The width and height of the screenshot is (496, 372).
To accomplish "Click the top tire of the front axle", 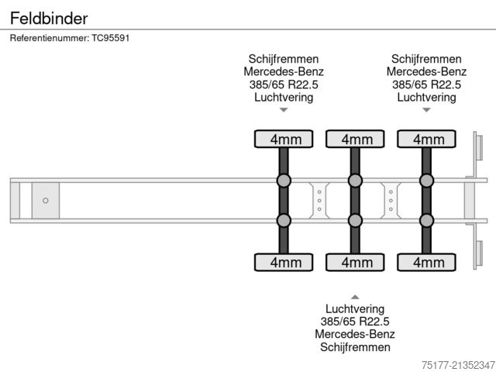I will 284,139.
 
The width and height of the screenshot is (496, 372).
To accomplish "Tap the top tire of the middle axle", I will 355,139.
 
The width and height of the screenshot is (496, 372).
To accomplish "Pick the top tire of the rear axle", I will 426,139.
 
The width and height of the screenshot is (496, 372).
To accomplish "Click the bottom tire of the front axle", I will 284,263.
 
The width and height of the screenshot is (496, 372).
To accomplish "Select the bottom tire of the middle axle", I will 355,263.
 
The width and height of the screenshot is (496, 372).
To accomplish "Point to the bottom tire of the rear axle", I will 426,263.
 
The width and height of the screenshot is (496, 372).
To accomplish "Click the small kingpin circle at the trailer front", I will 46,201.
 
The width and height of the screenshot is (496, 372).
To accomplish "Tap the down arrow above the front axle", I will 284,110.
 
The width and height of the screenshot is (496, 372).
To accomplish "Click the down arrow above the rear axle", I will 426,110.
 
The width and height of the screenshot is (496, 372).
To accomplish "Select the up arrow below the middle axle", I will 355,296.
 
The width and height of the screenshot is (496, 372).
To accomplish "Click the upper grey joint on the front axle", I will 284,181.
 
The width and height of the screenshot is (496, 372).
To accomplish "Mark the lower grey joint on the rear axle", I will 426,221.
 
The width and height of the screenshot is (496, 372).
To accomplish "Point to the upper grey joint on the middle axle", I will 355,181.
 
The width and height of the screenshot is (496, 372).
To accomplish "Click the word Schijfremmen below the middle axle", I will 355,347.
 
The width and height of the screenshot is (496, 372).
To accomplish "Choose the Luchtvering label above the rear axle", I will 426,98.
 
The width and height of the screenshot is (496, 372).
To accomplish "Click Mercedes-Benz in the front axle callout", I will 284,72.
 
